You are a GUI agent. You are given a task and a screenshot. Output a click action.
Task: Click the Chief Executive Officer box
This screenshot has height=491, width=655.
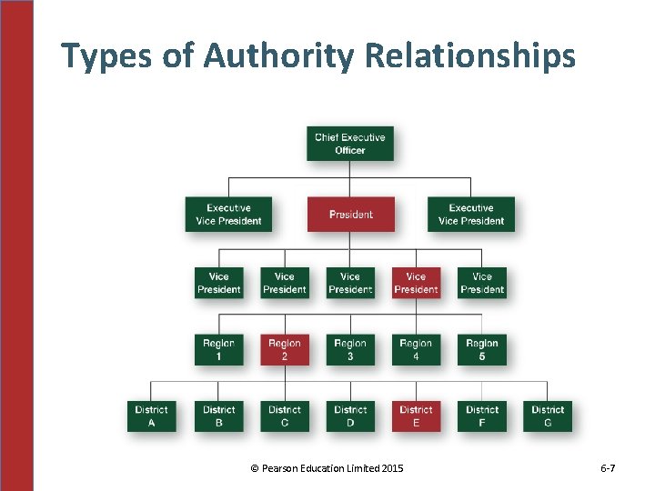point(350,144)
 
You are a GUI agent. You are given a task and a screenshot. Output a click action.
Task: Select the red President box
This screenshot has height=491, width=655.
point(350,215)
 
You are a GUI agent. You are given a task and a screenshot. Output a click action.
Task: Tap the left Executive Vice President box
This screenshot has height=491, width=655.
point(228,215)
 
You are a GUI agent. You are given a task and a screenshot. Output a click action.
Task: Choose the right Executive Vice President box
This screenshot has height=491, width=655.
point(471,215)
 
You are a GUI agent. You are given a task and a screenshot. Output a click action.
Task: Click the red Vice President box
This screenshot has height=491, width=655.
point(416,283)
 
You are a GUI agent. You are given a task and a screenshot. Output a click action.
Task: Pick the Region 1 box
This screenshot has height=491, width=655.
point(218,350)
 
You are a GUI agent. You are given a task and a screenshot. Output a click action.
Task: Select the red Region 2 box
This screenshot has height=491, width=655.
point(285,350)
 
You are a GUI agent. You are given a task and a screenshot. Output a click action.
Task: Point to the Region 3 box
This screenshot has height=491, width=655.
point(350,350)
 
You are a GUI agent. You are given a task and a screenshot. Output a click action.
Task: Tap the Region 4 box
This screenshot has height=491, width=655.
point(416,350)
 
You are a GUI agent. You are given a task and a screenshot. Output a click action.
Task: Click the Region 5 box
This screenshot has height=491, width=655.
point(482,350)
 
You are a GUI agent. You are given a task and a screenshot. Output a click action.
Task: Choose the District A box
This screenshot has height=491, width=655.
point(152,416)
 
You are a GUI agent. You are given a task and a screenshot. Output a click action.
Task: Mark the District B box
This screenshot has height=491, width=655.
point(218,416)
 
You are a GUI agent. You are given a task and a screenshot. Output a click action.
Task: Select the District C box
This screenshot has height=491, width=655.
point(285,416)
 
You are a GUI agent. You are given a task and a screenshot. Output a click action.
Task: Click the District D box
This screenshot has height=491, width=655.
point(350,416)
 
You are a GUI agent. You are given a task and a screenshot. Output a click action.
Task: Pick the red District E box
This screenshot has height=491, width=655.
point(416,416)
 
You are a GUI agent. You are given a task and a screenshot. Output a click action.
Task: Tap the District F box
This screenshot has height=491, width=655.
point(482,416)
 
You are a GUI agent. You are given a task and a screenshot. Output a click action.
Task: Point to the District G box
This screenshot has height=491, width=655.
point(548,416)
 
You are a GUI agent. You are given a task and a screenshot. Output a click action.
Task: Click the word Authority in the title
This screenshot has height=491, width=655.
point(278,57)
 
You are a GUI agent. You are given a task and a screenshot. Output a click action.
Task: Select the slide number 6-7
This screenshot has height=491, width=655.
point(609,468)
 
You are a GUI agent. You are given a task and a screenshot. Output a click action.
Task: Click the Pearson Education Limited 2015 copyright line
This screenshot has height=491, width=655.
point(327,468)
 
